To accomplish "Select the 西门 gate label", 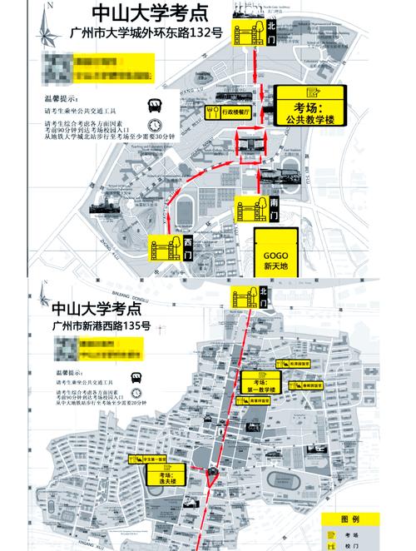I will [189, 247].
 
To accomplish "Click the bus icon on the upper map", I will [154, 106].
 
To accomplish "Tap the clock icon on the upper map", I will [154, 127].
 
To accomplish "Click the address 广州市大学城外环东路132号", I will [137, 34].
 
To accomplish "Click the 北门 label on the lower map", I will [264, 292].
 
